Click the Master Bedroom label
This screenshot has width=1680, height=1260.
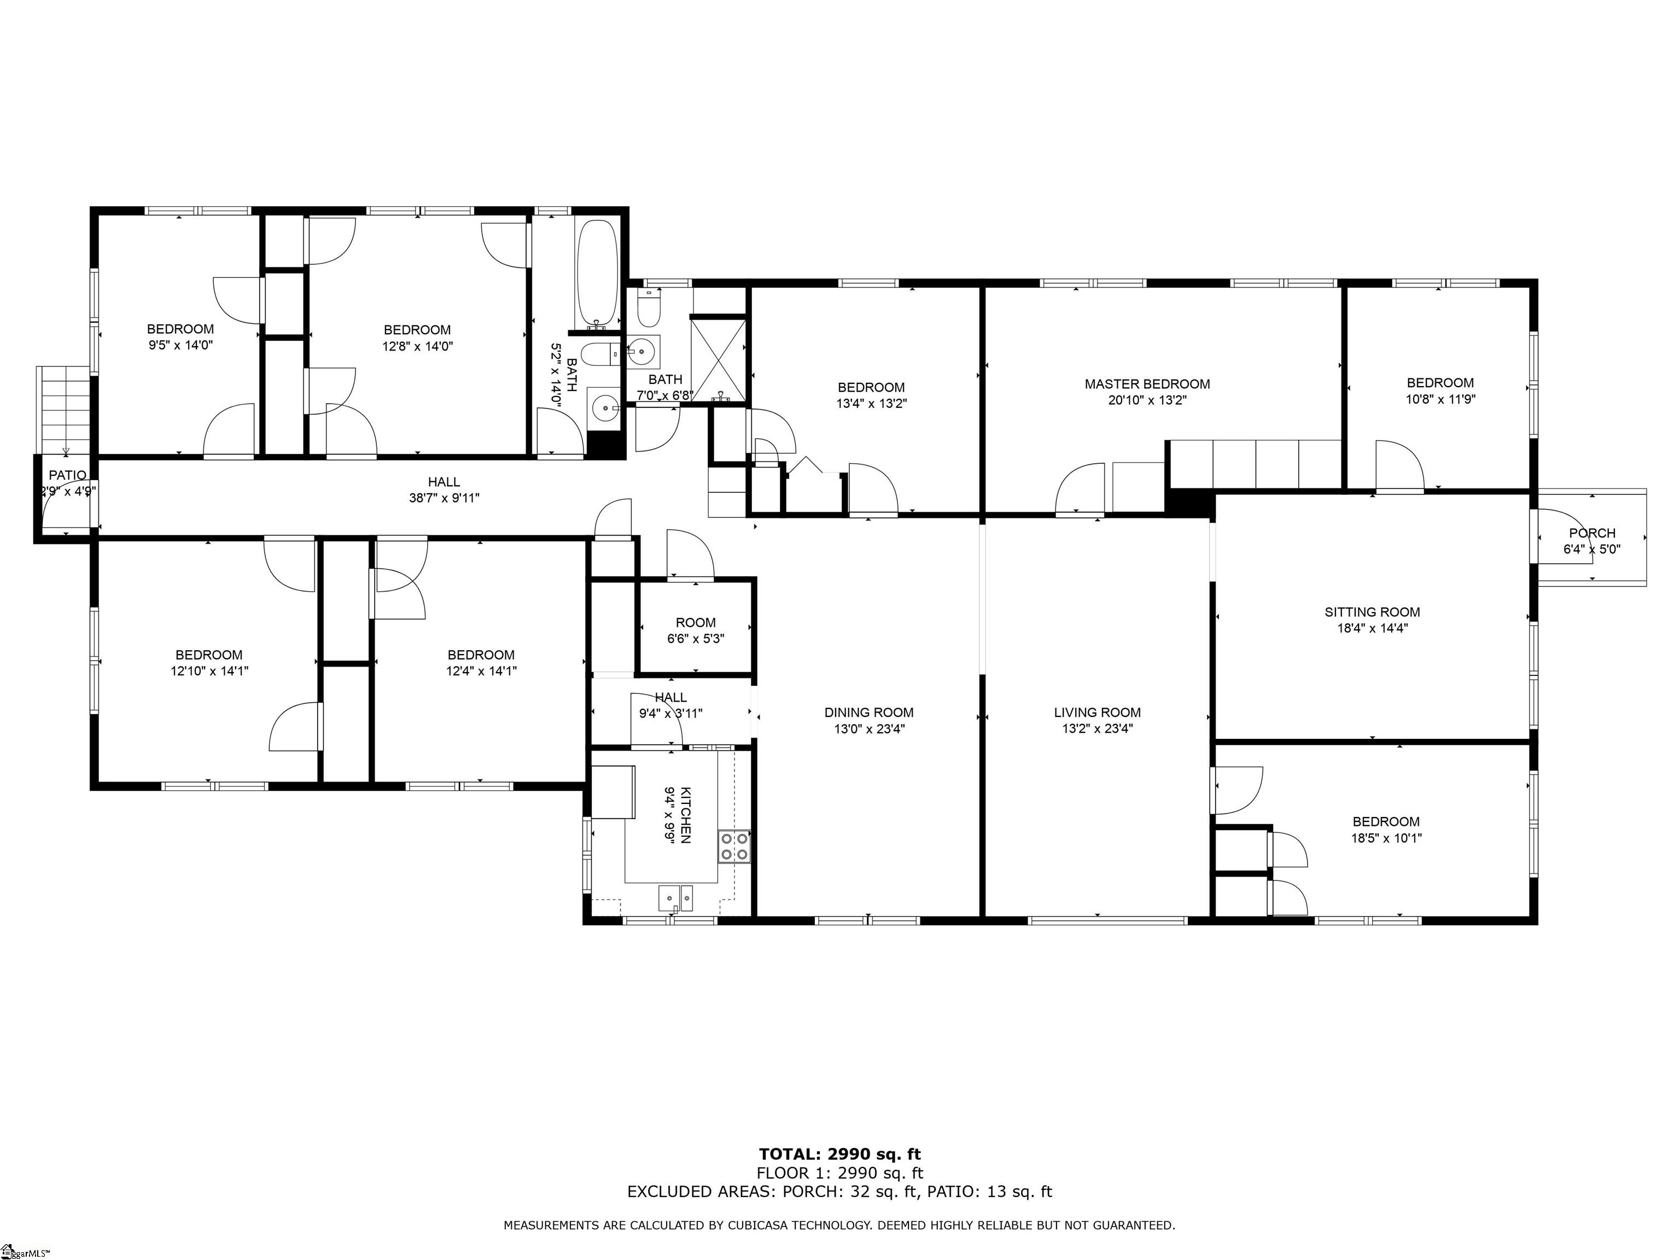(x=1147, y=384)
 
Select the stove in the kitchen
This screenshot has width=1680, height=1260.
(x=734, y=846)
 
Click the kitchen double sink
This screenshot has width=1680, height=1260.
(x=675, y=899)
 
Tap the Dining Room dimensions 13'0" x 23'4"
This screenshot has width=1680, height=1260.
(x=869, y=729)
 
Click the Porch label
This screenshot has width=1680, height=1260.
(x=1592, y=533)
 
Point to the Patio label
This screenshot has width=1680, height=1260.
(x=68, y=475)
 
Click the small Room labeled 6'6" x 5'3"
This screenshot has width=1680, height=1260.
(x=696, y=623)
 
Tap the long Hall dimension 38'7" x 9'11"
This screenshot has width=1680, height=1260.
(x=444, y=498)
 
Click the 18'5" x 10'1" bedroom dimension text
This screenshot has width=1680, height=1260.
(x=1386, y=838)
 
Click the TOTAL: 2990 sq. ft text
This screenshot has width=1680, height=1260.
(x=839, y=1155)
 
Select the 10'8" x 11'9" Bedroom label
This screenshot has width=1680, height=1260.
(x=1440, y=383)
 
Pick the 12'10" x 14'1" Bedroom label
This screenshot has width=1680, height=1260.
(x=209, y=655)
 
